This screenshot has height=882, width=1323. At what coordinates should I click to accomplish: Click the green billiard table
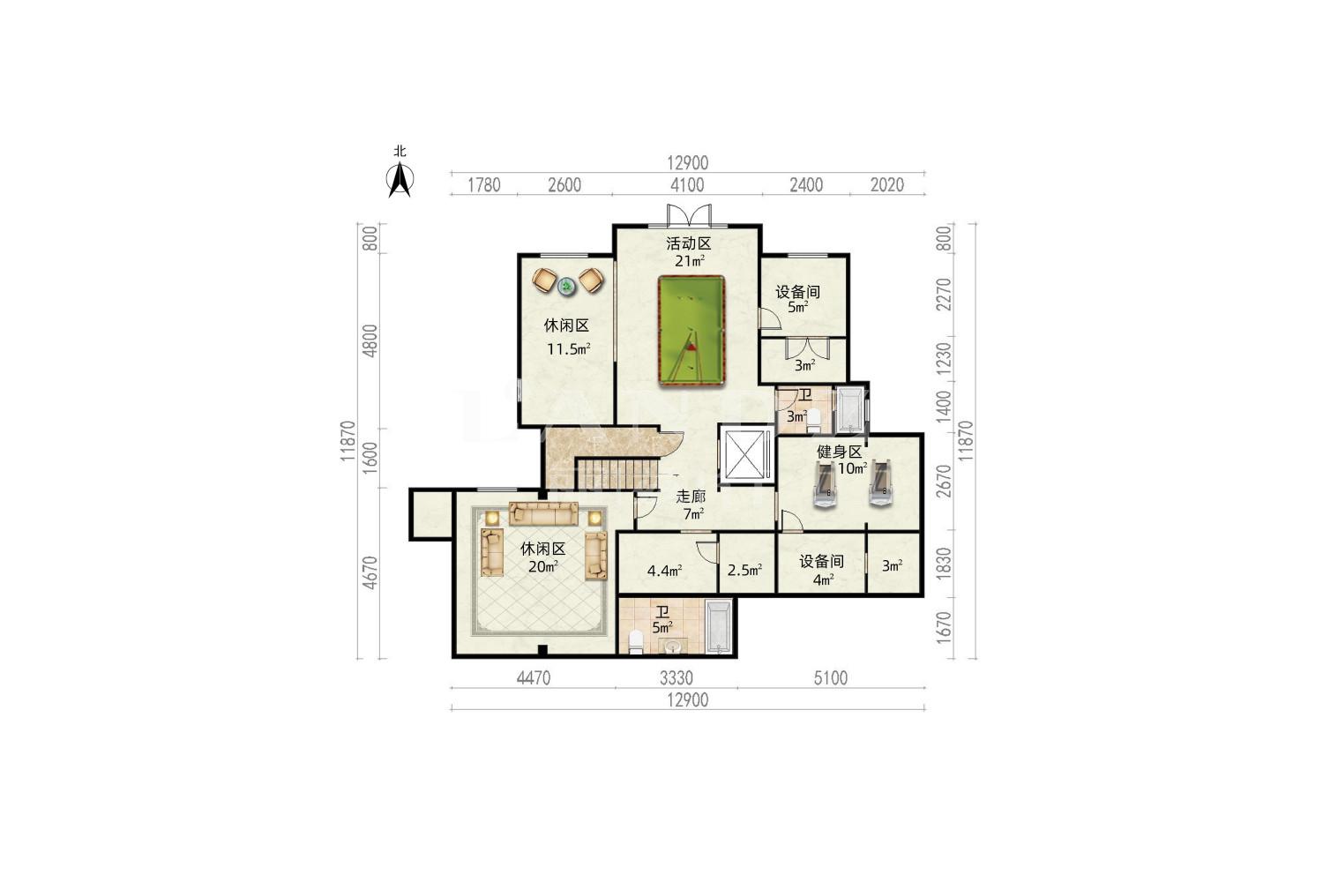tap(691, 331)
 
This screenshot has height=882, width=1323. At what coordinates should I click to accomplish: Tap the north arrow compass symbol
tap(400, 178)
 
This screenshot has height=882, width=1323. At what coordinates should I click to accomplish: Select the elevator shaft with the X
tap(744, 454)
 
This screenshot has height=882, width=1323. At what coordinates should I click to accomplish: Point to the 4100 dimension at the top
tap(687, 185)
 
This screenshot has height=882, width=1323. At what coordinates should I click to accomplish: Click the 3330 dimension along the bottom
tap(676, 677)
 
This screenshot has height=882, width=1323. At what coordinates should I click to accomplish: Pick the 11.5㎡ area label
tap(568, 349)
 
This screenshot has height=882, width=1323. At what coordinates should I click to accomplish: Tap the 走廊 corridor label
tap(691, 497)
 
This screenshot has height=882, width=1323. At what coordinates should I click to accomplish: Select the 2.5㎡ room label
tap(744, 570)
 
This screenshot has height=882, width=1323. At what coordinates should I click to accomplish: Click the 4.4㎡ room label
tap(664, 571)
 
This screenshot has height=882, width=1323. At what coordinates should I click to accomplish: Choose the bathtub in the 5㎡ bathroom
tap(718, 626)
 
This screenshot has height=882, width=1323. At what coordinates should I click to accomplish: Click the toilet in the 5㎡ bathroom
tap(636, 642)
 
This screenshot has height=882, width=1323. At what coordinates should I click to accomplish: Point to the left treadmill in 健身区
tap(825, 484)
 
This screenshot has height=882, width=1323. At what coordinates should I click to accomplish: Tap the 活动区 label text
tap(688, 243)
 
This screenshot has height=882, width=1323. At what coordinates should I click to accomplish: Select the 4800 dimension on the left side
tap(370, 340)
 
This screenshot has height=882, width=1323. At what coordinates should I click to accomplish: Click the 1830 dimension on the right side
tap(944, 563)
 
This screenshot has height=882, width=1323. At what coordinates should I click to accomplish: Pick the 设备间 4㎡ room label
tap(821, 570)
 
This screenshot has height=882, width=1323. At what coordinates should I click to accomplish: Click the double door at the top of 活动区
tap(689, 215)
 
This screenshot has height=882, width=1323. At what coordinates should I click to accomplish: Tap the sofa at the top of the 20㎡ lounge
tap(543, 513)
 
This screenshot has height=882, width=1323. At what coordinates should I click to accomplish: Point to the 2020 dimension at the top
tap(887, 185)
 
